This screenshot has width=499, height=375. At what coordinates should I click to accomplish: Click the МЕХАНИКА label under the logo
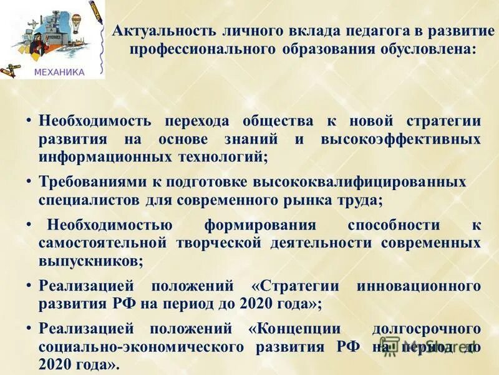pos(59,72)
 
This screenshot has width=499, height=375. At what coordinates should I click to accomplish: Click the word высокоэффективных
pos(401,139)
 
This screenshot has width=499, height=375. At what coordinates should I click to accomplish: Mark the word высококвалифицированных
pos(359,182)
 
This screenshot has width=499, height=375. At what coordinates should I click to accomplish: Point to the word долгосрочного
pos(426,328)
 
